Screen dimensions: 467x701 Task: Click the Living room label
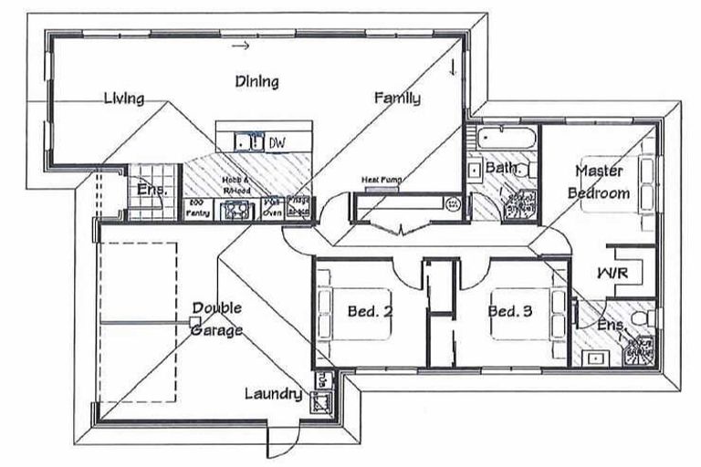[123, 98]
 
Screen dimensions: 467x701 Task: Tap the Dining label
[256, 81]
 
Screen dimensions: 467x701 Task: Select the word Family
[397, 99]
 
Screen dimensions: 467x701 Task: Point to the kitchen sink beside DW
[245, 142]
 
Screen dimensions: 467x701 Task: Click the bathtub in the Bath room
[500, 140]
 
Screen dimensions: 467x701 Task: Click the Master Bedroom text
[599, 182]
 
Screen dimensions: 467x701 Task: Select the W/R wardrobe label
[612, 273]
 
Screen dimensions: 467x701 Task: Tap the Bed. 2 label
[371, 311]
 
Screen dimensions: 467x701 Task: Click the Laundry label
[273, 394]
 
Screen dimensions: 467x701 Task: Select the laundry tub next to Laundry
[321, 400]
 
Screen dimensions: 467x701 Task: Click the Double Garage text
[217, 319]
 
